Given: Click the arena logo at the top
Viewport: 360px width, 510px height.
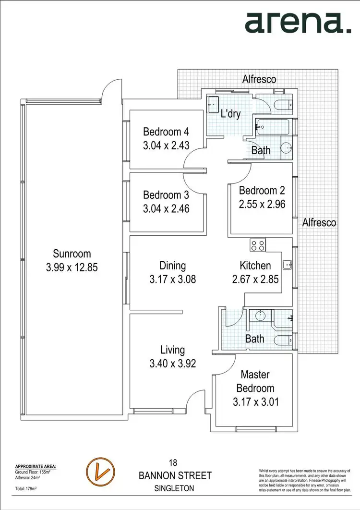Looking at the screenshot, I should [x=298, y=23].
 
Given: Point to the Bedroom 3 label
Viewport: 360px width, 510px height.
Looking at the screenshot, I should [x=166, y=195].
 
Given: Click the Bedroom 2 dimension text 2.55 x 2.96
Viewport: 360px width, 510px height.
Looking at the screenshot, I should [x=262, y=204].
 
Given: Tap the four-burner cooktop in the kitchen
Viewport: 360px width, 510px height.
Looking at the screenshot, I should [x=258, y=246].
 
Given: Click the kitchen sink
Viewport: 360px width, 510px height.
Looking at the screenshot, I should [x=288, y=264].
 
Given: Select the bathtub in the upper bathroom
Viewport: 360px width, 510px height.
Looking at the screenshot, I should [x=274, y=127].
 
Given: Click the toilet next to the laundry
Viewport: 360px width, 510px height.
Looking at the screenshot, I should [x=283, y=104].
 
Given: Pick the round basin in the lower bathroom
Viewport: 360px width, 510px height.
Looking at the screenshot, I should [x=259, y=316].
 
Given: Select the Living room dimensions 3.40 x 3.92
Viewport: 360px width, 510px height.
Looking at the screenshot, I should [x=172, y=364].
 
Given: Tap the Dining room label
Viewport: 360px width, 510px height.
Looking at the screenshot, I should [x=172, y=266].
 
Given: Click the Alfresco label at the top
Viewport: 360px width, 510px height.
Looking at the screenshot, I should [x=259, y=79].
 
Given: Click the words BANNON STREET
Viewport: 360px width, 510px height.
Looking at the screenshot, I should [x=175, y=476].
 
